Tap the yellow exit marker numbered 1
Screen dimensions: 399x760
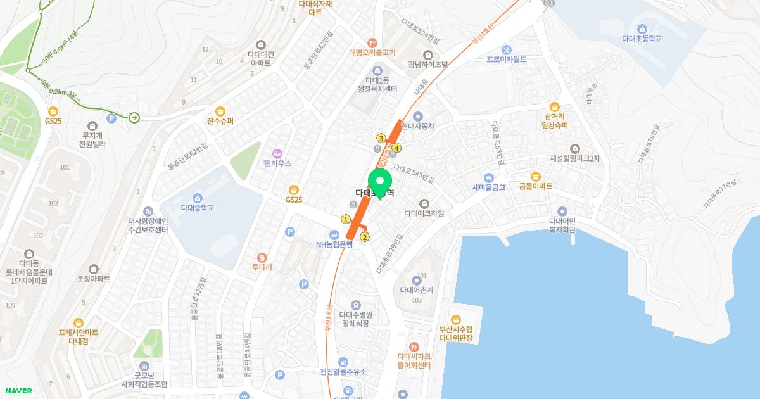click(346, 219)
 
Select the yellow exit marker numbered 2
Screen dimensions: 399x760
click(365, 237)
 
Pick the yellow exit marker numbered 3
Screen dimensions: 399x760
click(381, 138)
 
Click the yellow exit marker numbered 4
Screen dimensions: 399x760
click(396, 148)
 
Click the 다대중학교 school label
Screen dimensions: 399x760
click(198, 207)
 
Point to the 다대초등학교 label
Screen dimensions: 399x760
click(642, 39)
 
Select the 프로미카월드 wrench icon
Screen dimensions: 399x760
click(507, 49)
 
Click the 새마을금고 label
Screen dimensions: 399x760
click(488, 187)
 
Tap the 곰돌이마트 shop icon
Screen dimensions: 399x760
click(535, 176)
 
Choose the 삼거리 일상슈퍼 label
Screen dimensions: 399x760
click(555, 121)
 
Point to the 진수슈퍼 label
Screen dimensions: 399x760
click(220, 121)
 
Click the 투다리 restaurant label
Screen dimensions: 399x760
click(262, 267)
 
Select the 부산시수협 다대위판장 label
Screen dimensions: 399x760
click(456, 333)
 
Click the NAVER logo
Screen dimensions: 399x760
click(18, 391)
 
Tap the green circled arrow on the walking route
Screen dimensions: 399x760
click(134, 118)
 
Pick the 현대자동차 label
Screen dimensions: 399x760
click(418, 126)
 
